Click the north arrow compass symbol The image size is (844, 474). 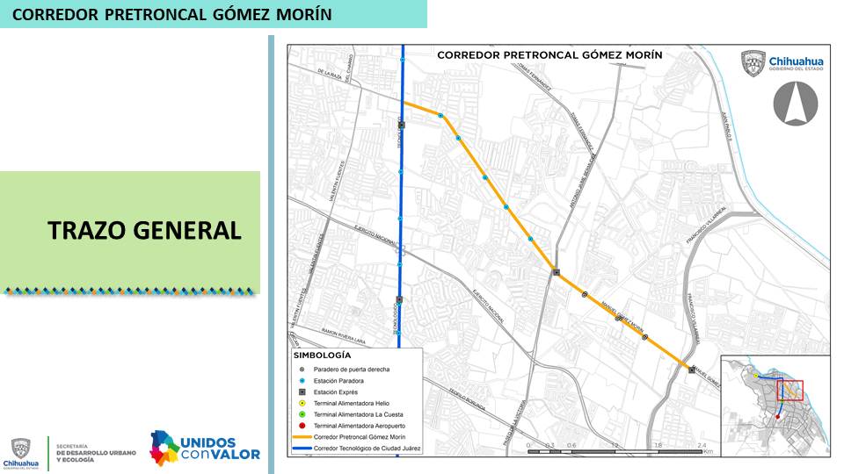click(x=795, y=102)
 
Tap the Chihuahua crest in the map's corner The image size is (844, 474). click(x=754, y=62)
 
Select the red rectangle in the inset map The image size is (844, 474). click(x=789, y=390)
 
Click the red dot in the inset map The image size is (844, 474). click(x=777, y=418)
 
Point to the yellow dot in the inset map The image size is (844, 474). click(x=755, y=375)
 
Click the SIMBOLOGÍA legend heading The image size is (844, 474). click(x=321, y=356)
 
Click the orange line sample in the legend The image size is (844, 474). click(x=302, y=436)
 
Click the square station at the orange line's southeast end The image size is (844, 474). click(x=691, y=370)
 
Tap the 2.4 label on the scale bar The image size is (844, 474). click(x=701, y=446)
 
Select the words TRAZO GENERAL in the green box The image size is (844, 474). click(x=144, y=230)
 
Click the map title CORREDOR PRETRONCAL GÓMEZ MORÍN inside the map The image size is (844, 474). click(x=549, y=54)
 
